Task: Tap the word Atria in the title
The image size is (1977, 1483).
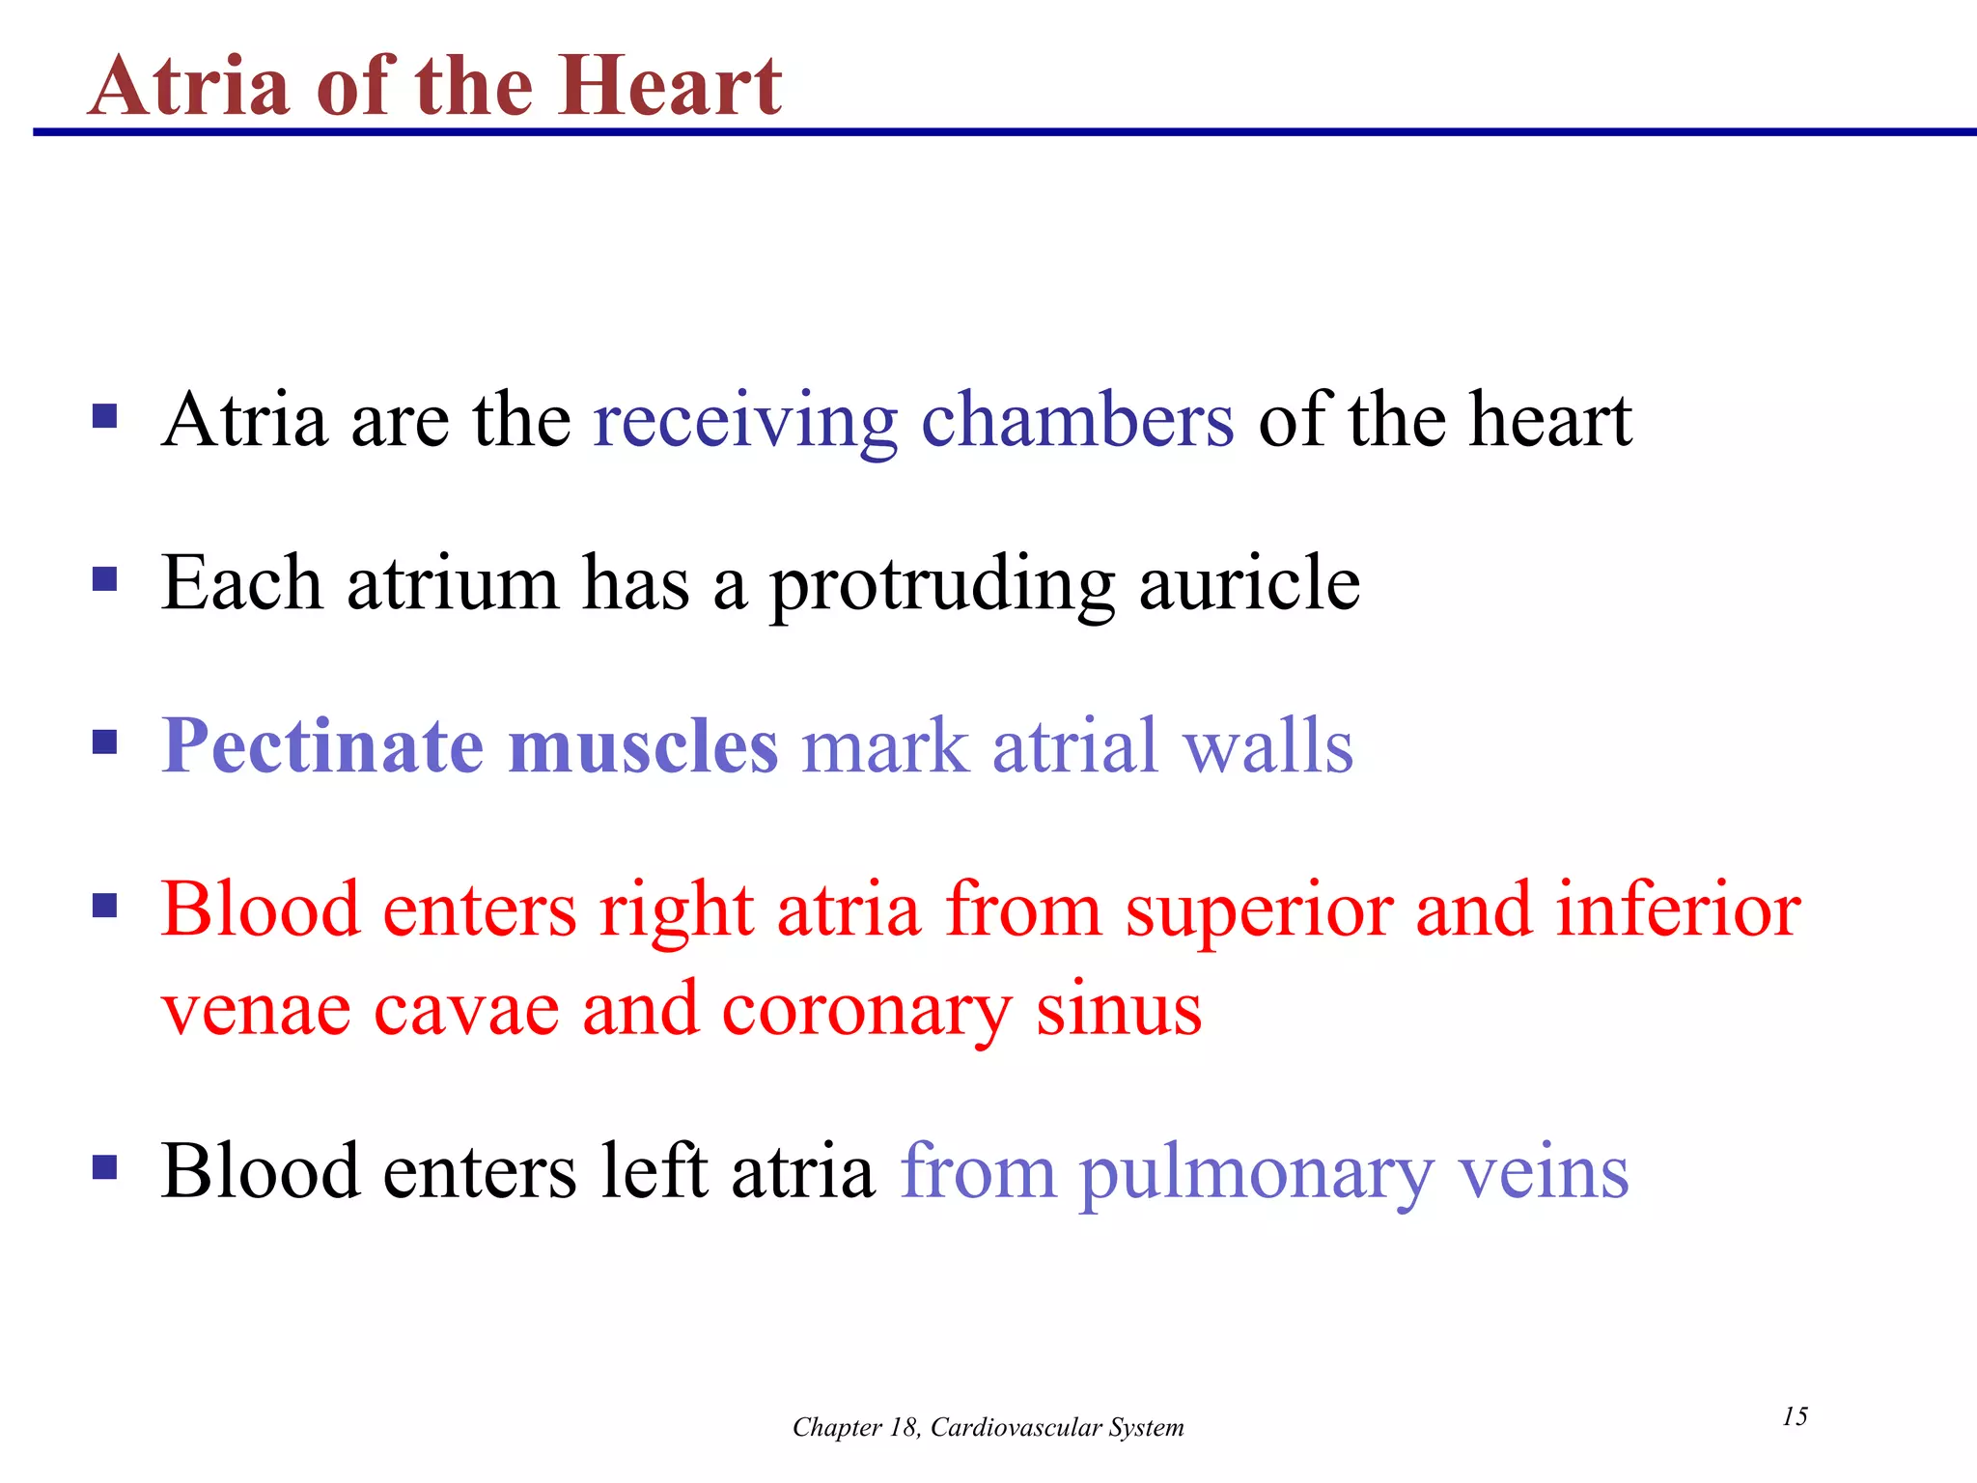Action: (189, 87)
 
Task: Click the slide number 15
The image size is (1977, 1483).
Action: (1795, 1416)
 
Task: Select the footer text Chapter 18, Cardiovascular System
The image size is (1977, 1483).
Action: (988, 1427)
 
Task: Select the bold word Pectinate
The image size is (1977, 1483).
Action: (322, 746)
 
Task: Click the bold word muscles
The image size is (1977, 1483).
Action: (643, 746)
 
